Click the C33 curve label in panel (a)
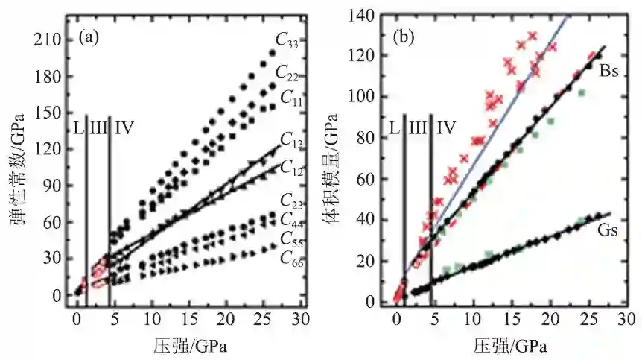[x=287, y=42]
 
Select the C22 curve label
[x=287, y=72]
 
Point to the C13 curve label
[x=292, y=139]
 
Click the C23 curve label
[x=292, y=200]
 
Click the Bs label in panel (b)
[x=611, y=69]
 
